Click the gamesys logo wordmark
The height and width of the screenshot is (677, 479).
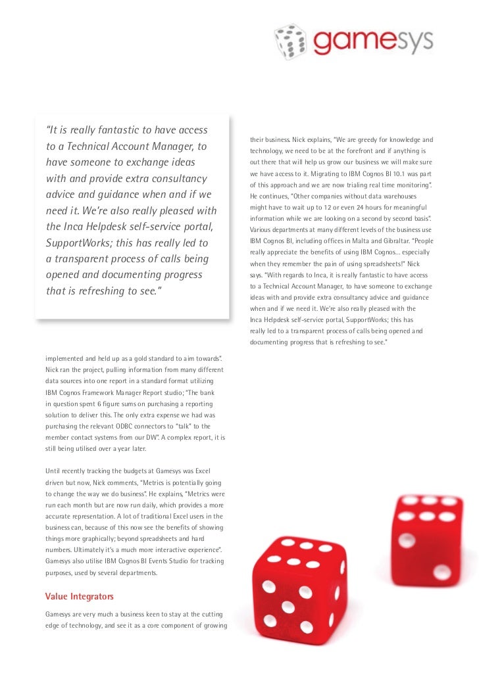point(372,41)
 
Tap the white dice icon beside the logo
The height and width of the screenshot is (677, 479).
point(290,41)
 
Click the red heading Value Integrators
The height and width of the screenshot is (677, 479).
point(80,596)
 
